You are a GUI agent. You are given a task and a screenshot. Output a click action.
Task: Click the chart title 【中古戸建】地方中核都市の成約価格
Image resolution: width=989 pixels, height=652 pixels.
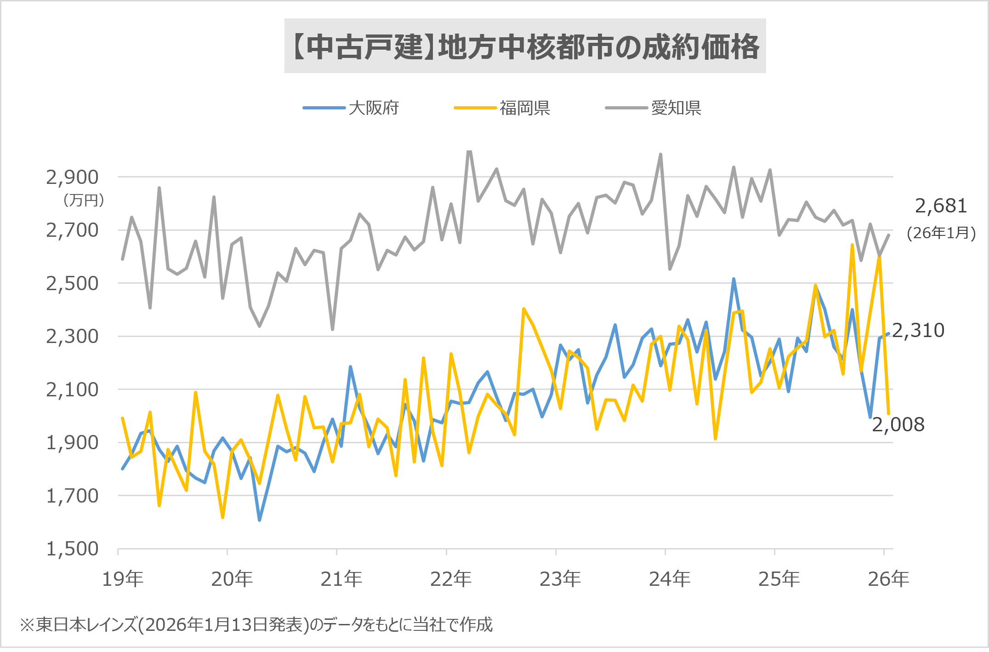click(x=525, y=46)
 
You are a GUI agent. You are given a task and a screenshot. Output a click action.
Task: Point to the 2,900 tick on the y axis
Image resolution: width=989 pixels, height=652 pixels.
click(x=72, y=177)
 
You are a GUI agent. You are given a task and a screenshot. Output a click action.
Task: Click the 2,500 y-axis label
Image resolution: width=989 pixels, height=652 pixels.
click(x=72, y=283)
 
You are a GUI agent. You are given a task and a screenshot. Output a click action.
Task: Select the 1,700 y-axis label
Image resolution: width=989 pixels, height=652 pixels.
click(x=72, y=496)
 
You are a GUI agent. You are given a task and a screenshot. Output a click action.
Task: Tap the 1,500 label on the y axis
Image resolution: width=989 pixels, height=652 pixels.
click(x=72, y=549)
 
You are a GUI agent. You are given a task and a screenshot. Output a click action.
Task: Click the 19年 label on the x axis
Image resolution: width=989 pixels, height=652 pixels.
click(x=123, y=578)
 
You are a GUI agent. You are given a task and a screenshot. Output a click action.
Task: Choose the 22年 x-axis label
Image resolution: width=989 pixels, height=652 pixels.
click(x=451, y=578)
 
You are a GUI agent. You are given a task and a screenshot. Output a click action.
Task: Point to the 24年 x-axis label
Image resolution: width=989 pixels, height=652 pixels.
click(x=670, y=578)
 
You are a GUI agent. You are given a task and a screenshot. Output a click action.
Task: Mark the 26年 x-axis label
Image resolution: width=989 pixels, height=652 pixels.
click(x=888, y=578)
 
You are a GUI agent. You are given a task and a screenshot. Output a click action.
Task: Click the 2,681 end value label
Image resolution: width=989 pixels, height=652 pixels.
click(x=941, y=206)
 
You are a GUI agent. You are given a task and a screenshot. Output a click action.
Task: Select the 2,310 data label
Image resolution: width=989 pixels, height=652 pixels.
click(x=918, y=330)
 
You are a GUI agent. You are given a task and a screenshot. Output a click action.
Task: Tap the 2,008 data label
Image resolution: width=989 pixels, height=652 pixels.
click(x=898, y=424)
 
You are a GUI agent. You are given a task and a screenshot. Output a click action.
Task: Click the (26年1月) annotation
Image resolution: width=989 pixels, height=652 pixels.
click(x=941, y=233)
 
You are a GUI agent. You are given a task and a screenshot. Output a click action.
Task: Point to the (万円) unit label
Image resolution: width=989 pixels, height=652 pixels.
click(x=84, y=200)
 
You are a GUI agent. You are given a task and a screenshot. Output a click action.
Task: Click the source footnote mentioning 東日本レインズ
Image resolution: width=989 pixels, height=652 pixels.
click(x=256, y=624)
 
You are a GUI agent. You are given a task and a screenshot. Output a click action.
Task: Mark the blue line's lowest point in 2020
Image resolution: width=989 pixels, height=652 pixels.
click(x=260, y=520)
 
